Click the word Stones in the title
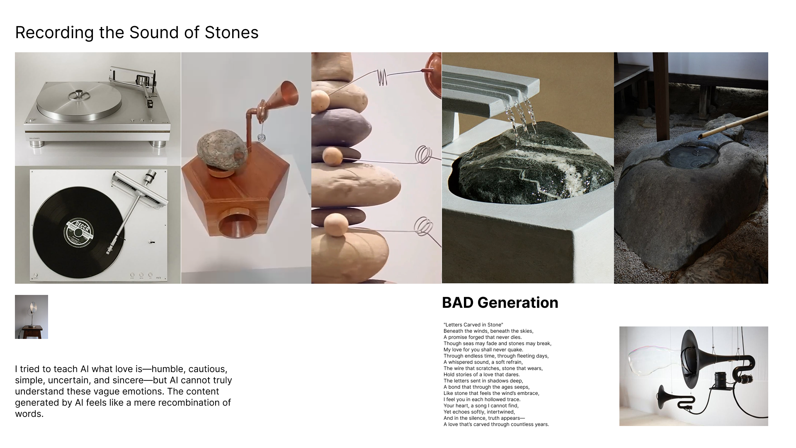point(231,32)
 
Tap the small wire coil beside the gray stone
point(262,137)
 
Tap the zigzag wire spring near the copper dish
point(382,77)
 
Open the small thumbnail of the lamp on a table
point(32,317)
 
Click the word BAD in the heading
point(458,303)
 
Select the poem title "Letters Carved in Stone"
point(473,325)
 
